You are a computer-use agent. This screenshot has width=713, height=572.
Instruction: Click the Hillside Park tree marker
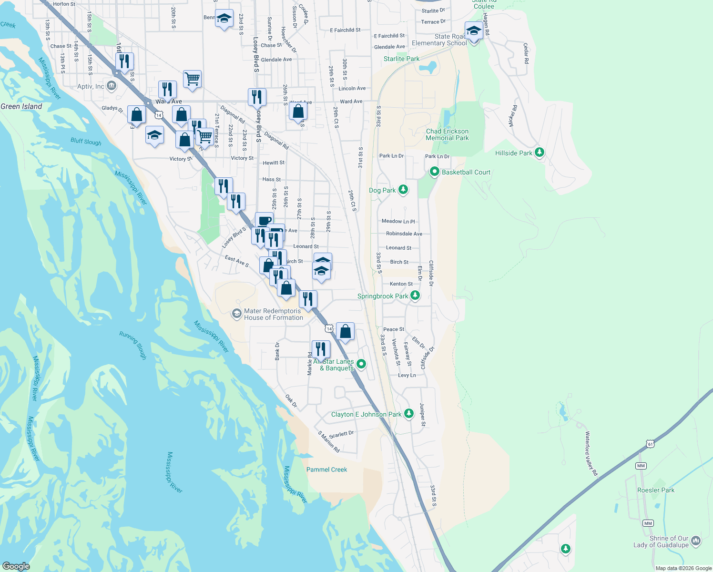540,153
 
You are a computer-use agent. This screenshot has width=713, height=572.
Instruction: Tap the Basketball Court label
466,172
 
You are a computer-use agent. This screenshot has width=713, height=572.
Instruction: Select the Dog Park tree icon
403,190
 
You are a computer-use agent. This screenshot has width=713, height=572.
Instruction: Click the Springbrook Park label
382,296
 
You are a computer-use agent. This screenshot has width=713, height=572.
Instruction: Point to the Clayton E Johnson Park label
366,414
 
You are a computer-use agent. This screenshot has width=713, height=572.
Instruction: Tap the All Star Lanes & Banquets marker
361,364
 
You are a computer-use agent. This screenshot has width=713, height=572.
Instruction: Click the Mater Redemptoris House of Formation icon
236,314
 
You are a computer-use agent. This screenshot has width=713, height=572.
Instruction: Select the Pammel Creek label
326,470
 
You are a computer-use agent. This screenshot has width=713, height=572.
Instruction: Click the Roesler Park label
656,490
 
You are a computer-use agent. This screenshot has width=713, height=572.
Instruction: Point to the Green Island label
21,106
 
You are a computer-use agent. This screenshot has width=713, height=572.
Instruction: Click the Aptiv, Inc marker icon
112,86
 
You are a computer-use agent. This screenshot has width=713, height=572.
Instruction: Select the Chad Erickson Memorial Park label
447,134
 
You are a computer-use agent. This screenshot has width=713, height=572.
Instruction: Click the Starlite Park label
401,59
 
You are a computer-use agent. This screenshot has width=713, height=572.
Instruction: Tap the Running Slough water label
133,345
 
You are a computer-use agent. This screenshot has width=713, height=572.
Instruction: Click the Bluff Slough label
86,142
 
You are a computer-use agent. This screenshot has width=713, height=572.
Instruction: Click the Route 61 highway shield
651,444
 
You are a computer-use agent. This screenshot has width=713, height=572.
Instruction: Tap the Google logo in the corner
16,566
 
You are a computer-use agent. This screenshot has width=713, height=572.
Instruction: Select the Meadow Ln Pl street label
398,221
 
